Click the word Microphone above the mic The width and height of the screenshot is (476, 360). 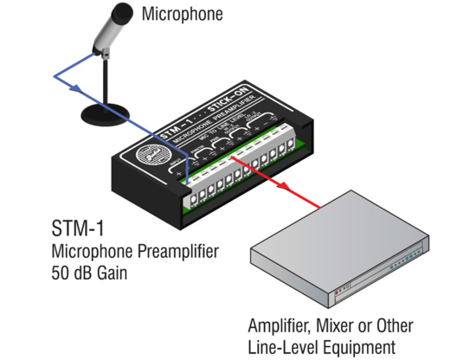pyautogui.click(x=181, y=14)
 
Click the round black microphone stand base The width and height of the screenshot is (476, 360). pyautogui.click(x=106, y=112)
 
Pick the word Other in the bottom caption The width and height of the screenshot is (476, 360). pyautogui.click(x=393, y=326)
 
